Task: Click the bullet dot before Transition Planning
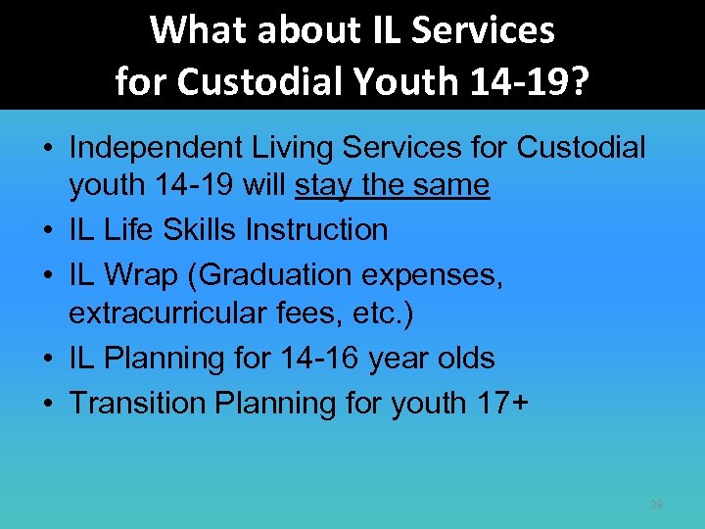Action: click(x=48, y=403)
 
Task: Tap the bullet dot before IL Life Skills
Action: click(x=48, y=230)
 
